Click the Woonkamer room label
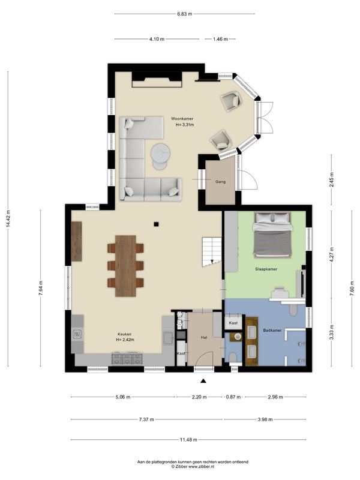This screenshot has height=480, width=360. pos(182,118)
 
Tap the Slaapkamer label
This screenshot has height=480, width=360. pos(266,269)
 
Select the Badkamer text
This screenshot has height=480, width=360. pos(272,331)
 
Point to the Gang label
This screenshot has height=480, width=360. pos(220,182)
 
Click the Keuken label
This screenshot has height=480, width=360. pos(125,334)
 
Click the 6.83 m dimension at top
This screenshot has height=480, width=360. pos(185,14)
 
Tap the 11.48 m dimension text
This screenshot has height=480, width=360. pos(188,440)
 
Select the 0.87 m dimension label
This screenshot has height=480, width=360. pos(233,397)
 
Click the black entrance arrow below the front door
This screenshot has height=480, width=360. pos(203,381)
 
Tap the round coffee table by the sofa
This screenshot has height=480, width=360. pos(160,152)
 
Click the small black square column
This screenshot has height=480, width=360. pos(157,224)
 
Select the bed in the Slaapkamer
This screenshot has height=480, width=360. pos(272,235)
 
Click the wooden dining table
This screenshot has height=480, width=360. pos(125,266)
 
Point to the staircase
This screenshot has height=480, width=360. pos(212,251)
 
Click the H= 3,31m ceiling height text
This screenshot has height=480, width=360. pos(185,125)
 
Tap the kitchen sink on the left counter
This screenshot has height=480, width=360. pos(77,334)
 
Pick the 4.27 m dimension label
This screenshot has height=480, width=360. pos(332,254)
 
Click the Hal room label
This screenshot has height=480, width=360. pos(204,337)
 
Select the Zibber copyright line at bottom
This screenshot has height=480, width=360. pos(193,467)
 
